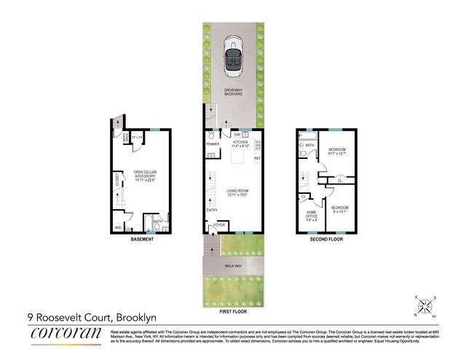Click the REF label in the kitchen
(x=257, y=157)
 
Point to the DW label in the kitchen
(x=237, y=136)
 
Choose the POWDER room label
(x=213, y=144)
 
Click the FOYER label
(x=219, y=225)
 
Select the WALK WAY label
(x=234, y=267)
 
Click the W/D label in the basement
(x=118, y=227)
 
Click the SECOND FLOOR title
(x=326, y=238)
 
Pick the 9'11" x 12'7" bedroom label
(x=336, y=152)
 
